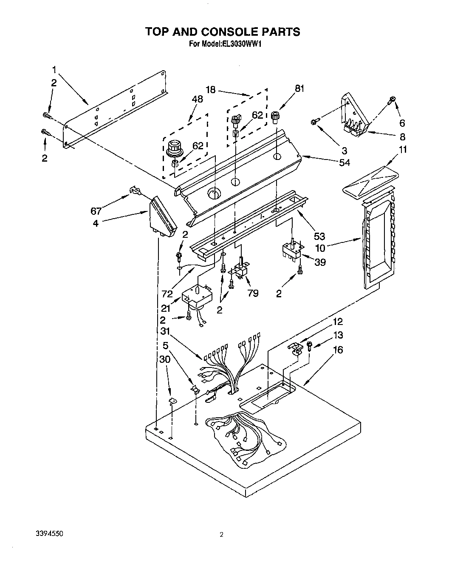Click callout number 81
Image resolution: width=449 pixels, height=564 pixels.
click(300, 89)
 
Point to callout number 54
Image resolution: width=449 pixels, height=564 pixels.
click(345, 162)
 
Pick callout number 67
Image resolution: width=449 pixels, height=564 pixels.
click(96, 211)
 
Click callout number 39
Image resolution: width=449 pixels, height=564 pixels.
click(320, 262)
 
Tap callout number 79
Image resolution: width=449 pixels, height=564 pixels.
click(253, 293)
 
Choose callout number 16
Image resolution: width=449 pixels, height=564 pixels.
click(338, 350)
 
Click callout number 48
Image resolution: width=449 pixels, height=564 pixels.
click(197, 99)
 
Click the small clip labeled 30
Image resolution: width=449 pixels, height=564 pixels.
click(172, 400)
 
